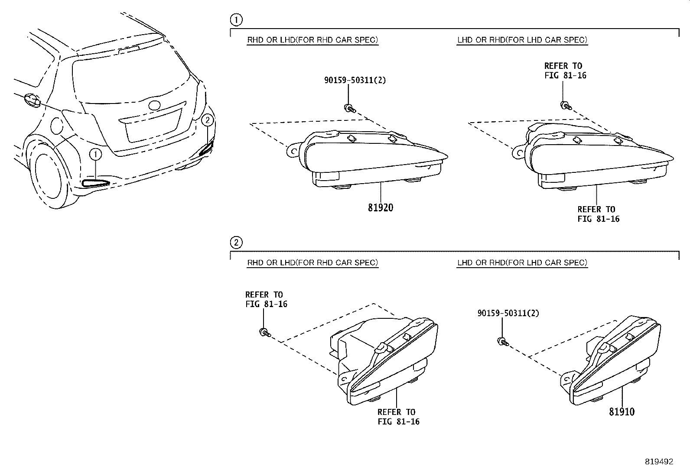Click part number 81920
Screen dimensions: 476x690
point(381,208)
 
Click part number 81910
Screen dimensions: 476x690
point(622,412)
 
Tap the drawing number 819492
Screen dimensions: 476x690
point(659,462)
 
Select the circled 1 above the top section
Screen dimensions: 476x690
point(236,19)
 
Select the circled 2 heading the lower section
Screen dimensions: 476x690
point(236,242)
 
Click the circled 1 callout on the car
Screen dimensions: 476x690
point(96,154)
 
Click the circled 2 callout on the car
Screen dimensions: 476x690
point(208,120)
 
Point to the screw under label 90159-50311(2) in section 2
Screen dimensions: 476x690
point(503,342)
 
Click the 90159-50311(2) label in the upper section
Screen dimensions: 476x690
point(355,80)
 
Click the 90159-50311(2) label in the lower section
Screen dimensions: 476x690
point(508,313)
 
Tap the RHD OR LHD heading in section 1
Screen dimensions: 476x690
point(312,40)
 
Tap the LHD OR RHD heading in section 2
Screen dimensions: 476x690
point(522,262)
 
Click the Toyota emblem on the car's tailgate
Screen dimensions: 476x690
point(154,105)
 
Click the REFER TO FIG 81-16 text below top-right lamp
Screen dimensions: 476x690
point(598,214)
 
